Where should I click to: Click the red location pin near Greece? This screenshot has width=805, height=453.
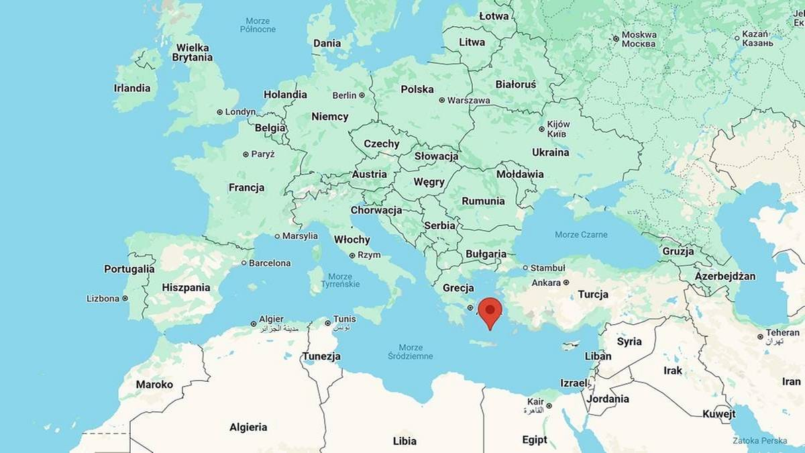click(x=490, y=311)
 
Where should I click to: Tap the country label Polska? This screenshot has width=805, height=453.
click(x=417, y=89)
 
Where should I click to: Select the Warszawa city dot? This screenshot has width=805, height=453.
click(x=442, y=101)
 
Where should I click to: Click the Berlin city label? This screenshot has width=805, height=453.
click(x=344, y=95)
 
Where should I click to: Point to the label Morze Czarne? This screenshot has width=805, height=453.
click(x=581, y=235)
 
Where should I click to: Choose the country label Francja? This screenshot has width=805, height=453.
click(x=246, y=188)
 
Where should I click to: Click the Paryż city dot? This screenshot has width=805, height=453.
click(x=246, y=154)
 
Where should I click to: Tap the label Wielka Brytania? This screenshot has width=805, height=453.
click(x=192, y=52)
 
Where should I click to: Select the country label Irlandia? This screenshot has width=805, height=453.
click(x=132, y=88)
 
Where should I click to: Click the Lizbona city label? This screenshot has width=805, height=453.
click(x=103, y=299)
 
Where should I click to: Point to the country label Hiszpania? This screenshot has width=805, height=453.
click(x=186, y=287)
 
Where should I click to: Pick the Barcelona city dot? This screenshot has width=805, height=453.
click(x=244, y=263)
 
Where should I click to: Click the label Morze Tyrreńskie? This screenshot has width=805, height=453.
click(x=341, y=281)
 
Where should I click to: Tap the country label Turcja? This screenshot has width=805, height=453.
click(x=593, y=294)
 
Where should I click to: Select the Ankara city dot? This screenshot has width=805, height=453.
click(x=566, y=283)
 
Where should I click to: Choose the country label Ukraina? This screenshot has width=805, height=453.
click(x=551, y=152)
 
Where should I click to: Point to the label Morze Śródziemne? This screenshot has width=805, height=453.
click(x=411, y=352)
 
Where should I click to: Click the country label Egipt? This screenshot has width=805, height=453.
click(x=535, y=440)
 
